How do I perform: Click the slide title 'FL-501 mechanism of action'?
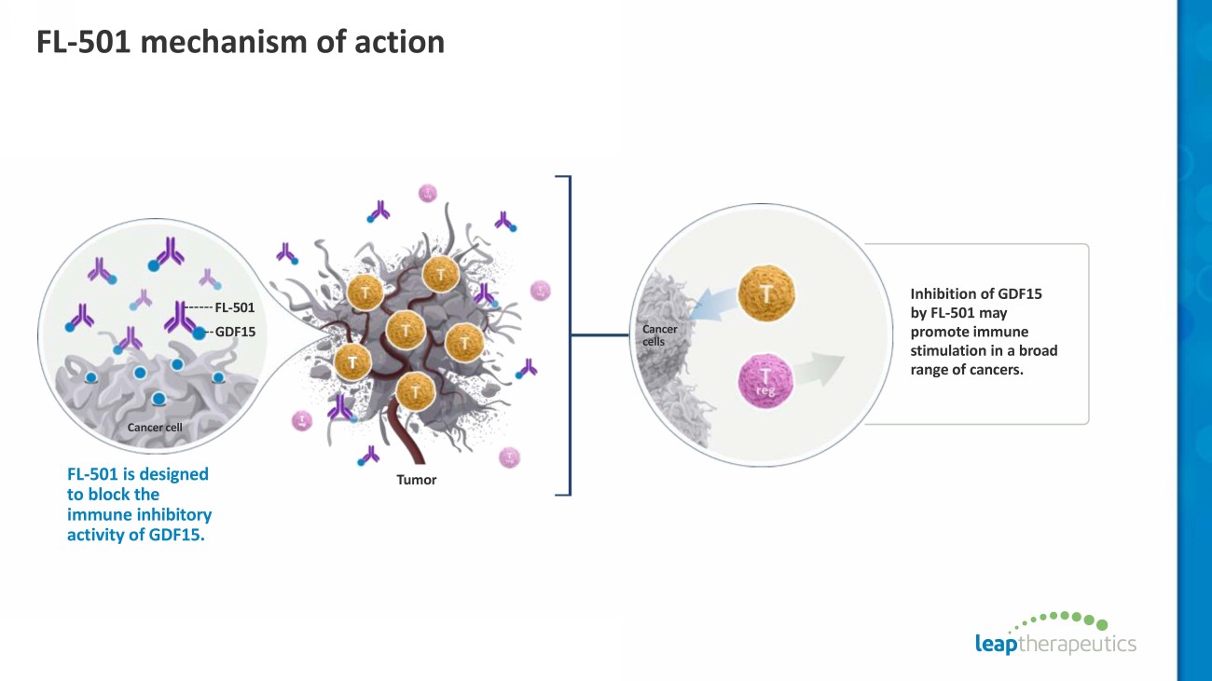coord(240,42)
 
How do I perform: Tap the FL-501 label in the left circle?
coord(234,306)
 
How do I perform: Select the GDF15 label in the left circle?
coord(235,331)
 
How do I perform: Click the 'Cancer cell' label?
coord(155,428)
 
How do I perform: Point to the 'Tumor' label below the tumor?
coord(416,480)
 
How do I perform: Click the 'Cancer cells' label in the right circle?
coord(660,334)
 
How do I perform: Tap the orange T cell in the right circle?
coord(765,293)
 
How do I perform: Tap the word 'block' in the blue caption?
coord(123,494)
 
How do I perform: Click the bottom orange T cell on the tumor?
coord(413,389)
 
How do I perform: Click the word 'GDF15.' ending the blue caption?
coord(176,534)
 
